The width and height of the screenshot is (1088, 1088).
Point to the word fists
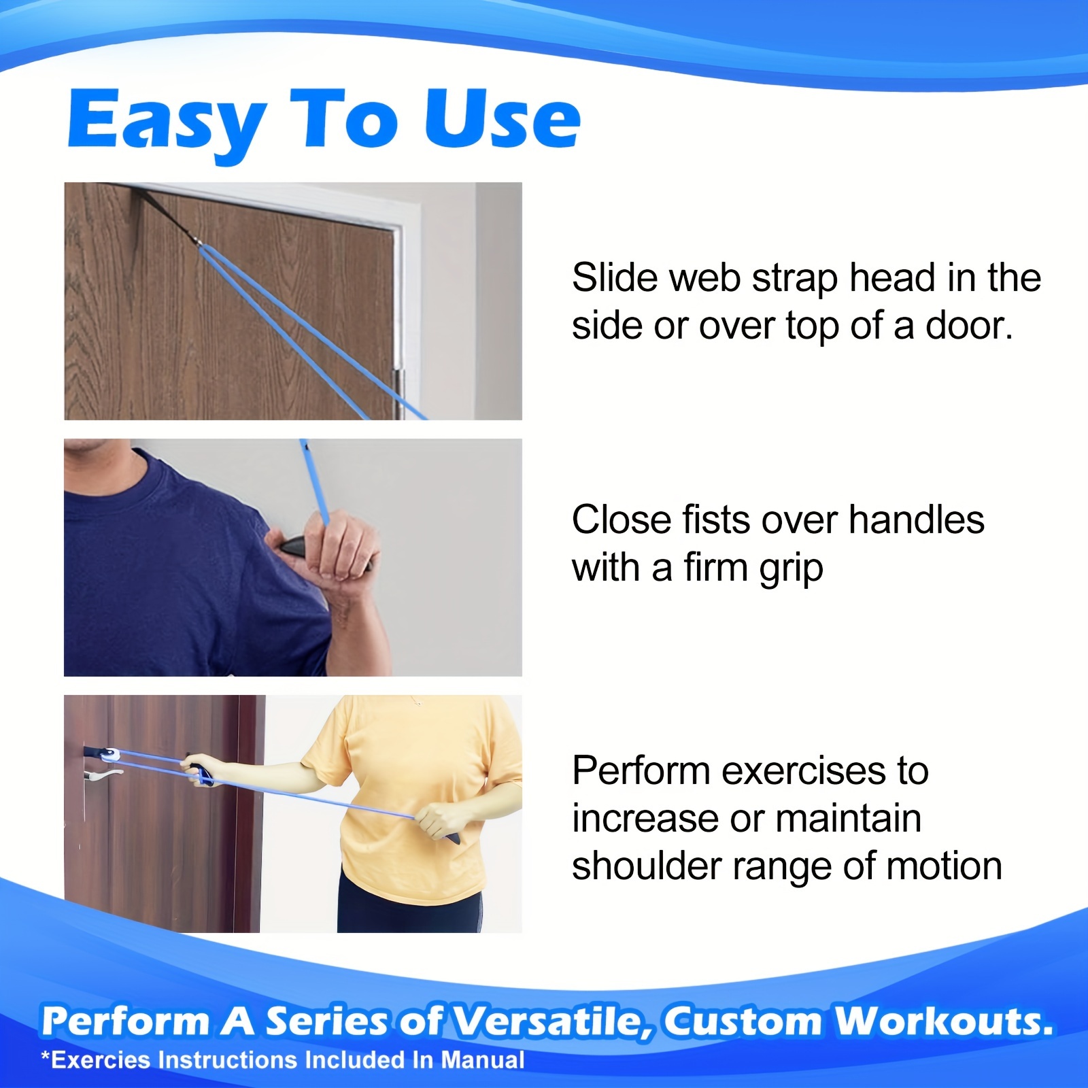[717, 520]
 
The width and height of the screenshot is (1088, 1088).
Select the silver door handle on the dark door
[102, 775]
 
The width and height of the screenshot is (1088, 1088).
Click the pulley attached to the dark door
[109, 754]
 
